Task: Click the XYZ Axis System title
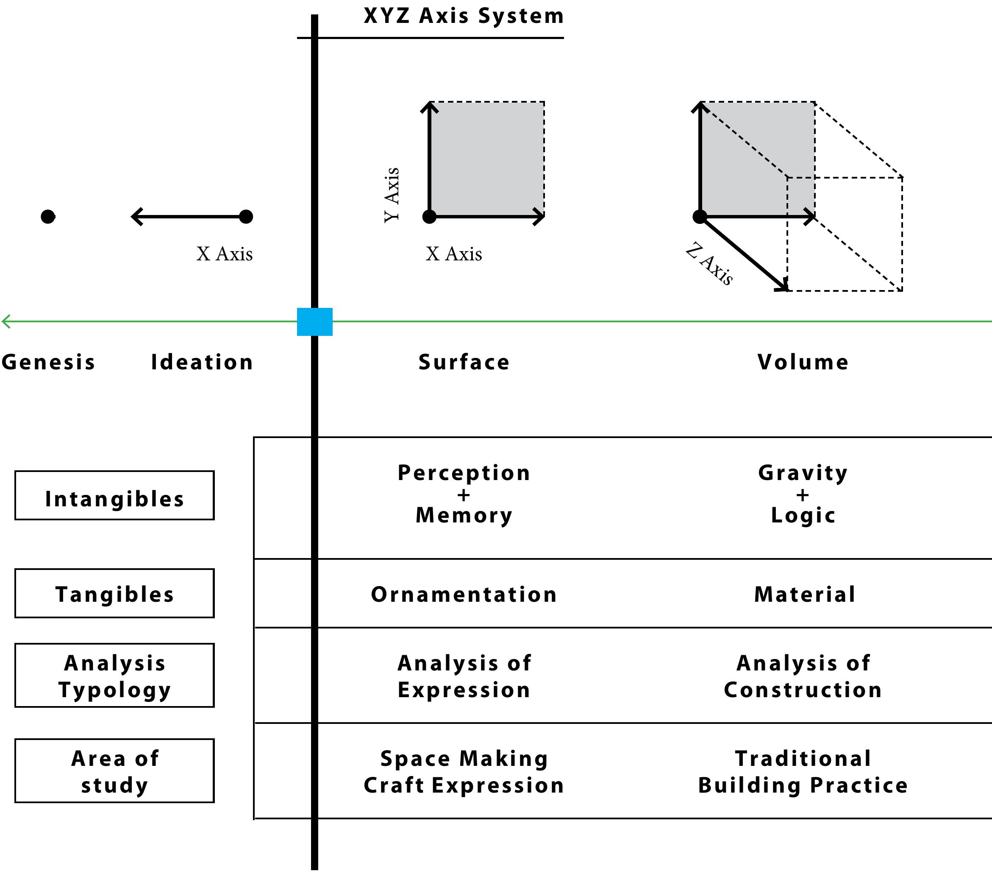click(464, 16)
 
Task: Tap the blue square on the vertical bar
click(314, 321)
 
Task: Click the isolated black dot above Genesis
click(47, 217)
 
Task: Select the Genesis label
click(48, 362)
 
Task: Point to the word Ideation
click(202, 362)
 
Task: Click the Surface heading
click(464, 362)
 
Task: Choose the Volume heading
click(803, 362)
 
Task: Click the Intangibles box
click(114, 495)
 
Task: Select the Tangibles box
click(114, 593)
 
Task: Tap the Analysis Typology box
click(114, 676)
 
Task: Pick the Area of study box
click(114, 771)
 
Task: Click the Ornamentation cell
click(464, 594)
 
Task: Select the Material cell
click(805, 594)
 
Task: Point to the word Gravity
click(803, 472)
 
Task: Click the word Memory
click(464, 515)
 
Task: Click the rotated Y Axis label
click(392, 195)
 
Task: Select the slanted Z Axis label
click(709, 263)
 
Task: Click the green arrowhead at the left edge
click(6, 321)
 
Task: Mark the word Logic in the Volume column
click(803, 515)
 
